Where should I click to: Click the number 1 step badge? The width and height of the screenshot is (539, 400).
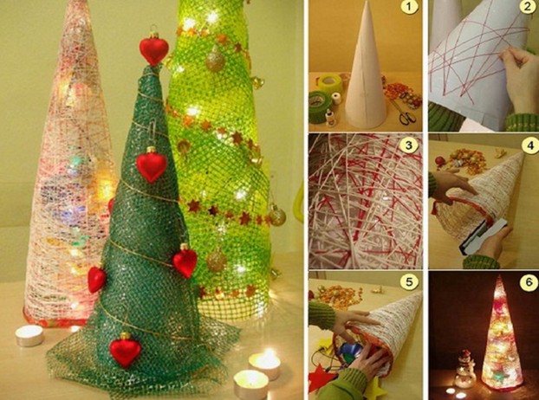point(409,7)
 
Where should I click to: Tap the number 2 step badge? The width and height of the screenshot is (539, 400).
point(528,7)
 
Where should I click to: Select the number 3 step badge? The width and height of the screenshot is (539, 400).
point(409,145)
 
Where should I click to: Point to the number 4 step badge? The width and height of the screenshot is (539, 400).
point(529,146)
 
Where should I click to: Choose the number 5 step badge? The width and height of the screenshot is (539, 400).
point(409,282)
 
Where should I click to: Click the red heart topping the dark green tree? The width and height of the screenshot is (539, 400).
point(154,49)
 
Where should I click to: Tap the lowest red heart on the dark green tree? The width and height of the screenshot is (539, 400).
point(125,349)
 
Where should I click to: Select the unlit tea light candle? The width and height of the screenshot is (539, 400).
point(29,335)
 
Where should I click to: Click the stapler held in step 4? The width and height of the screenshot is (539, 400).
point(483,237)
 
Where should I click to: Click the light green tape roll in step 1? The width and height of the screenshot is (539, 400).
point(330,84)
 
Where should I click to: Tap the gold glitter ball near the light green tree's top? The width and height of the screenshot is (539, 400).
point(216,61)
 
